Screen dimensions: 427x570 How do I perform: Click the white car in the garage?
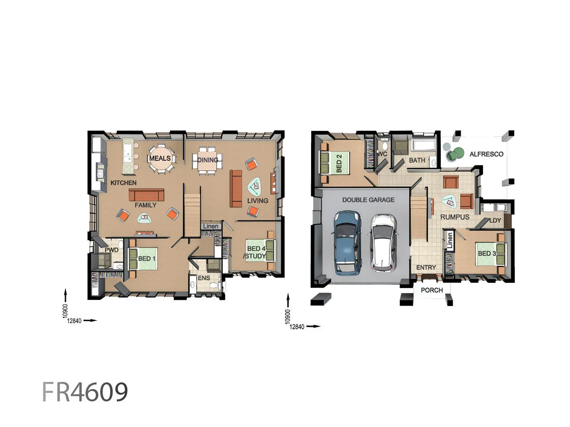[x=383, y=242]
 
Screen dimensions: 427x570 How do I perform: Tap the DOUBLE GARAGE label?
[x=368, y=200]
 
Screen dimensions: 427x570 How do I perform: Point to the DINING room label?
[x=208, y=160]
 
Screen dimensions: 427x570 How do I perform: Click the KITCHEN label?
[x=123, y=183]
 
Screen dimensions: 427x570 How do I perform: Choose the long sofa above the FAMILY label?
[x=146, y=195]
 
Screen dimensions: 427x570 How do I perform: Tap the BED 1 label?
[x=147, y=259]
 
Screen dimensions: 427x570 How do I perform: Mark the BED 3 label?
[x=487, y=253]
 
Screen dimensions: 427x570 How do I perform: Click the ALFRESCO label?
[x=486, y=154]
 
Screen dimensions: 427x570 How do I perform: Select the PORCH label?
[x=432, y=290]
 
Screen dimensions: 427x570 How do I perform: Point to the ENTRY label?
[x=426, y=268]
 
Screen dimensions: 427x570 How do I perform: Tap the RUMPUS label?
[x=455, y=217]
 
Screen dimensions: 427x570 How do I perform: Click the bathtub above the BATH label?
[x=424, y=146]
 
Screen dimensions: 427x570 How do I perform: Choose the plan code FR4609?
[x=85, y=392]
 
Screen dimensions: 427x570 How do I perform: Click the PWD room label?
[x=112, y=250]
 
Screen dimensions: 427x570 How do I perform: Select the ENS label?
[x=204, y=278]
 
